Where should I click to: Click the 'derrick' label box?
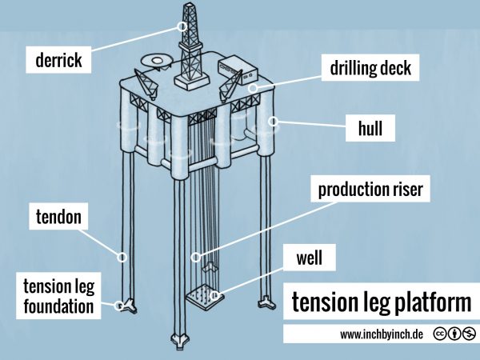coord(59,58)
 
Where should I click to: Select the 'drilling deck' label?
coord(370,68)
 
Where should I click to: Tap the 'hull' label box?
coord(370,126)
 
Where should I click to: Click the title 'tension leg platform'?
coord(381,303)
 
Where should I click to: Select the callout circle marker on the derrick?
coord(182,26)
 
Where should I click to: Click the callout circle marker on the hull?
coord(274,122)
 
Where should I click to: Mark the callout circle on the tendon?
coord(123,257)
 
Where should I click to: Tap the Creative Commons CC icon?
coord(440,334)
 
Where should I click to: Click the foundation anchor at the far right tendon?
coord(266,303)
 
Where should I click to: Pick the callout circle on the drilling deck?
coord(253,88)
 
